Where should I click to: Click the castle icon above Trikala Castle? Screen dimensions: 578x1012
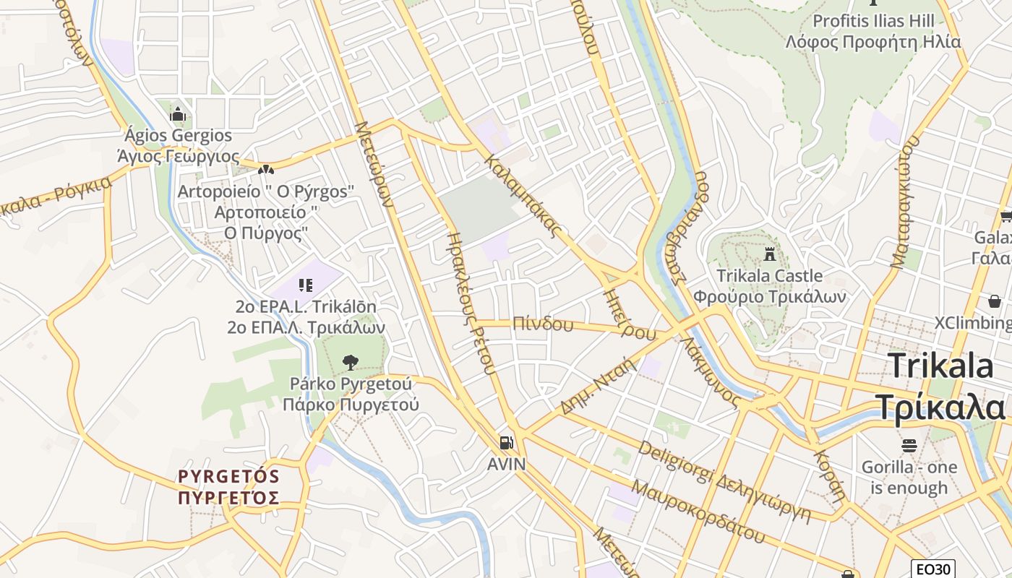769,255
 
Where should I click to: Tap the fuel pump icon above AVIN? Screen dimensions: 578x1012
507,442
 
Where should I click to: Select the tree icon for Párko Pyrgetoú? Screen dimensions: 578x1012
351,361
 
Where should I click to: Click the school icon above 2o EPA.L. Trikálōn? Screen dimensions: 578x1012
305,285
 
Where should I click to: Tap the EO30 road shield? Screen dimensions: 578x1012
932,569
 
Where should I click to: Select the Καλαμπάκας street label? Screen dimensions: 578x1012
524,195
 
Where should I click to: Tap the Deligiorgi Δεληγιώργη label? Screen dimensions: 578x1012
734,481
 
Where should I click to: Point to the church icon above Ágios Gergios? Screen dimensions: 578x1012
178,114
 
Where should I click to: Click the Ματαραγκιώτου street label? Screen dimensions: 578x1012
904,202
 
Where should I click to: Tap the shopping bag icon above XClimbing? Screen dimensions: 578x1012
995,301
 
